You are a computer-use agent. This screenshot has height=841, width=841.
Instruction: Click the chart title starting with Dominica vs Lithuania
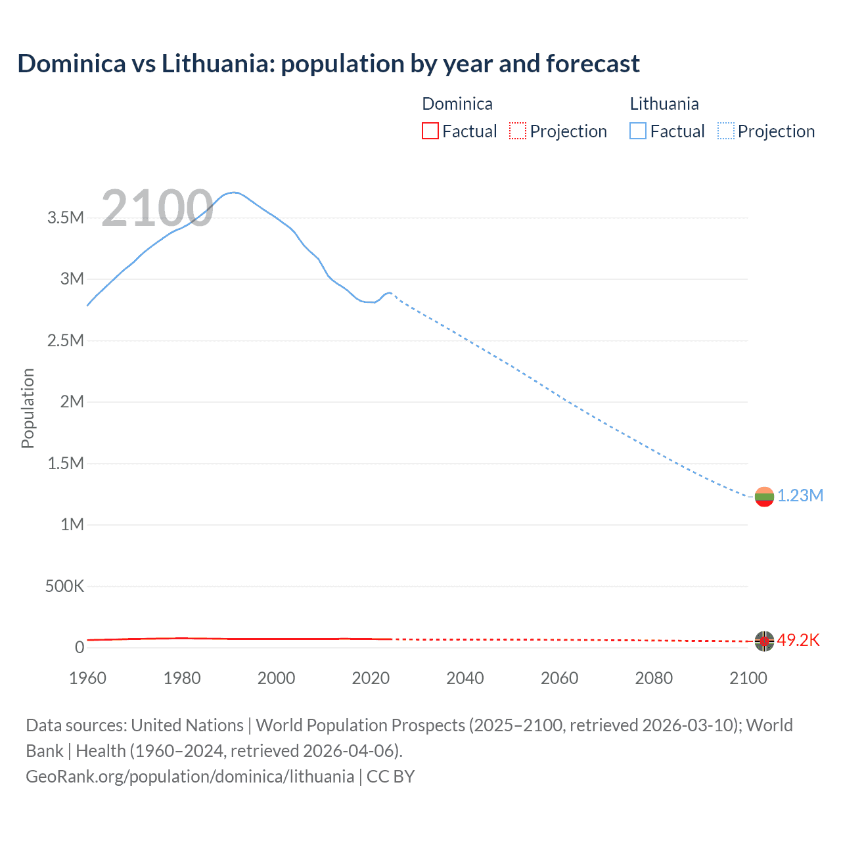329,64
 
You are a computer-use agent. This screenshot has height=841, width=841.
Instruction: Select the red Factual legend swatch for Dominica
430,131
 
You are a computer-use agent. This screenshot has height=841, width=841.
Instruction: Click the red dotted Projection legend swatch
518,131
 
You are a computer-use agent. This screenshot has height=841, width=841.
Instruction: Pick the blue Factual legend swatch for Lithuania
638,131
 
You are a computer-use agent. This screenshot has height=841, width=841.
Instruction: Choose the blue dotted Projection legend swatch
726,131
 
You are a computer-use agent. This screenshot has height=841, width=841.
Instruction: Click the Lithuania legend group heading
664,104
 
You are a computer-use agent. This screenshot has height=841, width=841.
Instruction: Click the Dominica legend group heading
457,104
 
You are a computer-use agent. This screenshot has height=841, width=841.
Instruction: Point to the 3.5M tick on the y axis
66,218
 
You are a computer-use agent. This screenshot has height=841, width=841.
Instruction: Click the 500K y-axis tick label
64,586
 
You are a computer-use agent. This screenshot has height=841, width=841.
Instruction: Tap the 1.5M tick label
66,464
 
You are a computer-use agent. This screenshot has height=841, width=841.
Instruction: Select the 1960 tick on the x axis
87,678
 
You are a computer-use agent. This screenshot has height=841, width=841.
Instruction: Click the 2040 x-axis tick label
465,678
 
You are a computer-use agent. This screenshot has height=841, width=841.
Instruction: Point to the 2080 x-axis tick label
654,678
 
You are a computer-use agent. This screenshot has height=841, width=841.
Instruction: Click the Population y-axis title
28,408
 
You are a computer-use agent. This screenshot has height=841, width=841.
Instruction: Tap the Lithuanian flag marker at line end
764,497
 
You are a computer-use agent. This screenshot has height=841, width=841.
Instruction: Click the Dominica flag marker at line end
764,641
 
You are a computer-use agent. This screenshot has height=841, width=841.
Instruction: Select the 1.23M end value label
800,496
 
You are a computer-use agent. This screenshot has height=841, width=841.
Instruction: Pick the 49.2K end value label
798,641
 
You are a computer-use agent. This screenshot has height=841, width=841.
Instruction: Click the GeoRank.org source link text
190,777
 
